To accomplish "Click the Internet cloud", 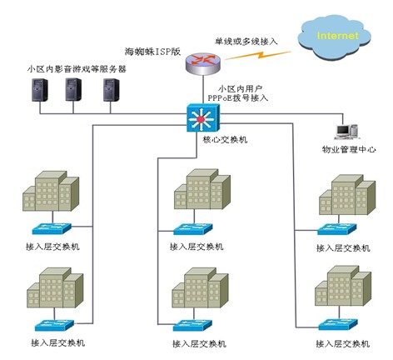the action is tap(334, 38).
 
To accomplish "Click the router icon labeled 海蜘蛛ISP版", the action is tap(203, 64).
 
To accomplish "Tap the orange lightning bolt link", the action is tap(258, 55).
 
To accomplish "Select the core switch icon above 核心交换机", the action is tap(203, 117).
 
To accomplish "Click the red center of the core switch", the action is tap(201, 120).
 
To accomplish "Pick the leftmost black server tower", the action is tap(40, 90).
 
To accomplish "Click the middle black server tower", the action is tap(73, 89).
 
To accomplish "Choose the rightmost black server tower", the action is tap(112, 90).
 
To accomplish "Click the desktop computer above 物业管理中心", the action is tap(347, 132).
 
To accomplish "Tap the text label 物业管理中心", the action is tap(349, 149).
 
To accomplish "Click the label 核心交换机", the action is tap(225, 139).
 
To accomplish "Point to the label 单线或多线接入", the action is tap(246, 42).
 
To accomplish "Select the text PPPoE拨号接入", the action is tap(238, 97).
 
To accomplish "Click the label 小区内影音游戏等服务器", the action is tap(77, 68).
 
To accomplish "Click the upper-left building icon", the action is tap(51, 191).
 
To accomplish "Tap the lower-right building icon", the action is tap(343, 286).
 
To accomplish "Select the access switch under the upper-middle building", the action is tap(193, 229).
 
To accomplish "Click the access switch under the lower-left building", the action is tap(55, 325).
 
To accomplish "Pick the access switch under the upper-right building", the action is tap(336, 229).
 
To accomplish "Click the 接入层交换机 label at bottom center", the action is tap(199, 344).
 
